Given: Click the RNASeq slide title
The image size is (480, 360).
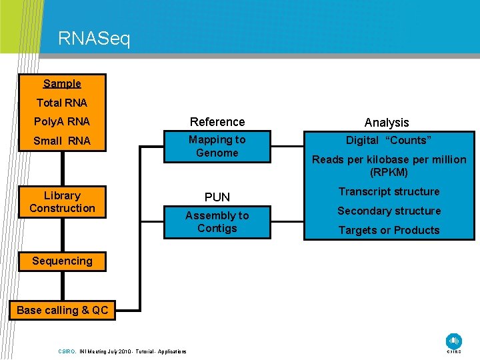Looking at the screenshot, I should point(94,39).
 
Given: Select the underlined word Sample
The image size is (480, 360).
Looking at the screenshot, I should point(62,83).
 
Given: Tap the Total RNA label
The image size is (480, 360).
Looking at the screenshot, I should point(61,103).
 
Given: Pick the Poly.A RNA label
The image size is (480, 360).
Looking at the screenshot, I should point(61,122).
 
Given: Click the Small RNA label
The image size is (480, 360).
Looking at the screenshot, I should point(61,141).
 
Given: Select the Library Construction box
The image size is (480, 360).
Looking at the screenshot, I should point(62,202).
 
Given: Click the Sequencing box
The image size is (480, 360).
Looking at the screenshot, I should point(62,261).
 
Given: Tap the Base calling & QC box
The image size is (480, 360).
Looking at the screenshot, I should point(62,310).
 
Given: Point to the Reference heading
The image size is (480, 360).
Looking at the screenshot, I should point(217,122).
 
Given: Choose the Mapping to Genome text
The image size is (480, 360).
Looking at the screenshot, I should point(217,146).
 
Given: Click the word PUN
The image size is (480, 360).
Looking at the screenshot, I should point(217,197).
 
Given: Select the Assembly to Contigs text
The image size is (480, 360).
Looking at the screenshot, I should point(217,222).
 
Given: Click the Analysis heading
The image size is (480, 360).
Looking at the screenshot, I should point(387,123).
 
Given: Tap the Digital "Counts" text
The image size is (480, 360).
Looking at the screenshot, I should point(389,140).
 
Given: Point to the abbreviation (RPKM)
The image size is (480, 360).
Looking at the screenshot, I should point(389,173).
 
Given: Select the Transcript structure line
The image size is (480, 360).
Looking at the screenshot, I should point(389,192).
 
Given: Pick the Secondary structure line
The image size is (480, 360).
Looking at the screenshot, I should point(389,211).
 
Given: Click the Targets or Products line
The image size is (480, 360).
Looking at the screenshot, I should point(389,231).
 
